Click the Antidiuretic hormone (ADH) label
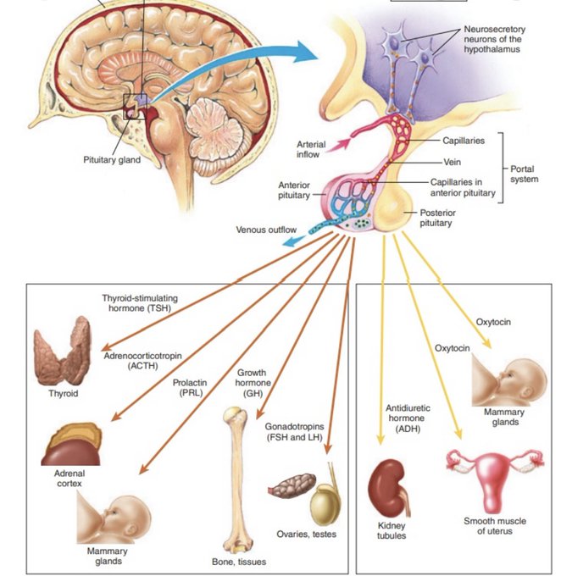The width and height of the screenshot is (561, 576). click(x=408, y=418)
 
